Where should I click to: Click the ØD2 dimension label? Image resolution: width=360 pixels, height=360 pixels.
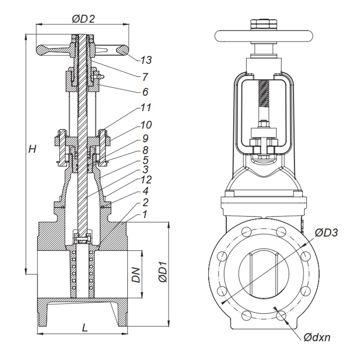point(83,19)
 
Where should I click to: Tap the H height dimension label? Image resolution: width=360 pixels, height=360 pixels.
point(32,149)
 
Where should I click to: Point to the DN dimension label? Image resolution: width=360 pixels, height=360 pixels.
point(136,274)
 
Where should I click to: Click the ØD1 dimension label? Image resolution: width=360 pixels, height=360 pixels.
point(162,274)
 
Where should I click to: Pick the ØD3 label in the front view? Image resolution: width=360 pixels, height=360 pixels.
point(326,232)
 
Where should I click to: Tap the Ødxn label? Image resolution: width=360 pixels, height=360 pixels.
point(317,337)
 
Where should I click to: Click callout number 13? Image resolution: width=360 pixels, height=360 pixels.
point(146,60)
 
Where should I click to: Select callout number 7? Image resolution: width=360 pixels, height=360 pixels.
point(145,77)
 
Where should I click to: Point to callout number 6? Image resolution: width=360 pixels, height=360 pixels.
point(145,92)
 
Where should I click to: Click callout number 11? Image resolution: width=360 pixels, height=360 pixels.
point(146,108)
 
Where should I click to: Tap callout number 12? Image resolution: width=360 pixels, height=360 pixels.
point(146,180)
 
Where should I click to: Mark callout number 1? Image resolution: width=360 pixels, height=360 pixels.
point(144,214)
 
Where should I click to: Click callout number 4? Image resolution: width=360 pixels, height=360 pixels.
point(145,191)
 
